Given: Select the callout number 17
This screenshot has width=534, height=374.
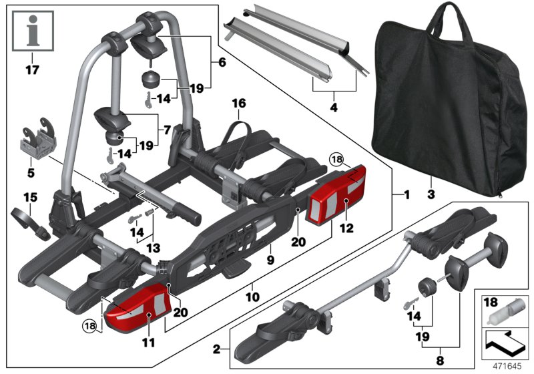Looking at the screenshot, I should tap(31, 69).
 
